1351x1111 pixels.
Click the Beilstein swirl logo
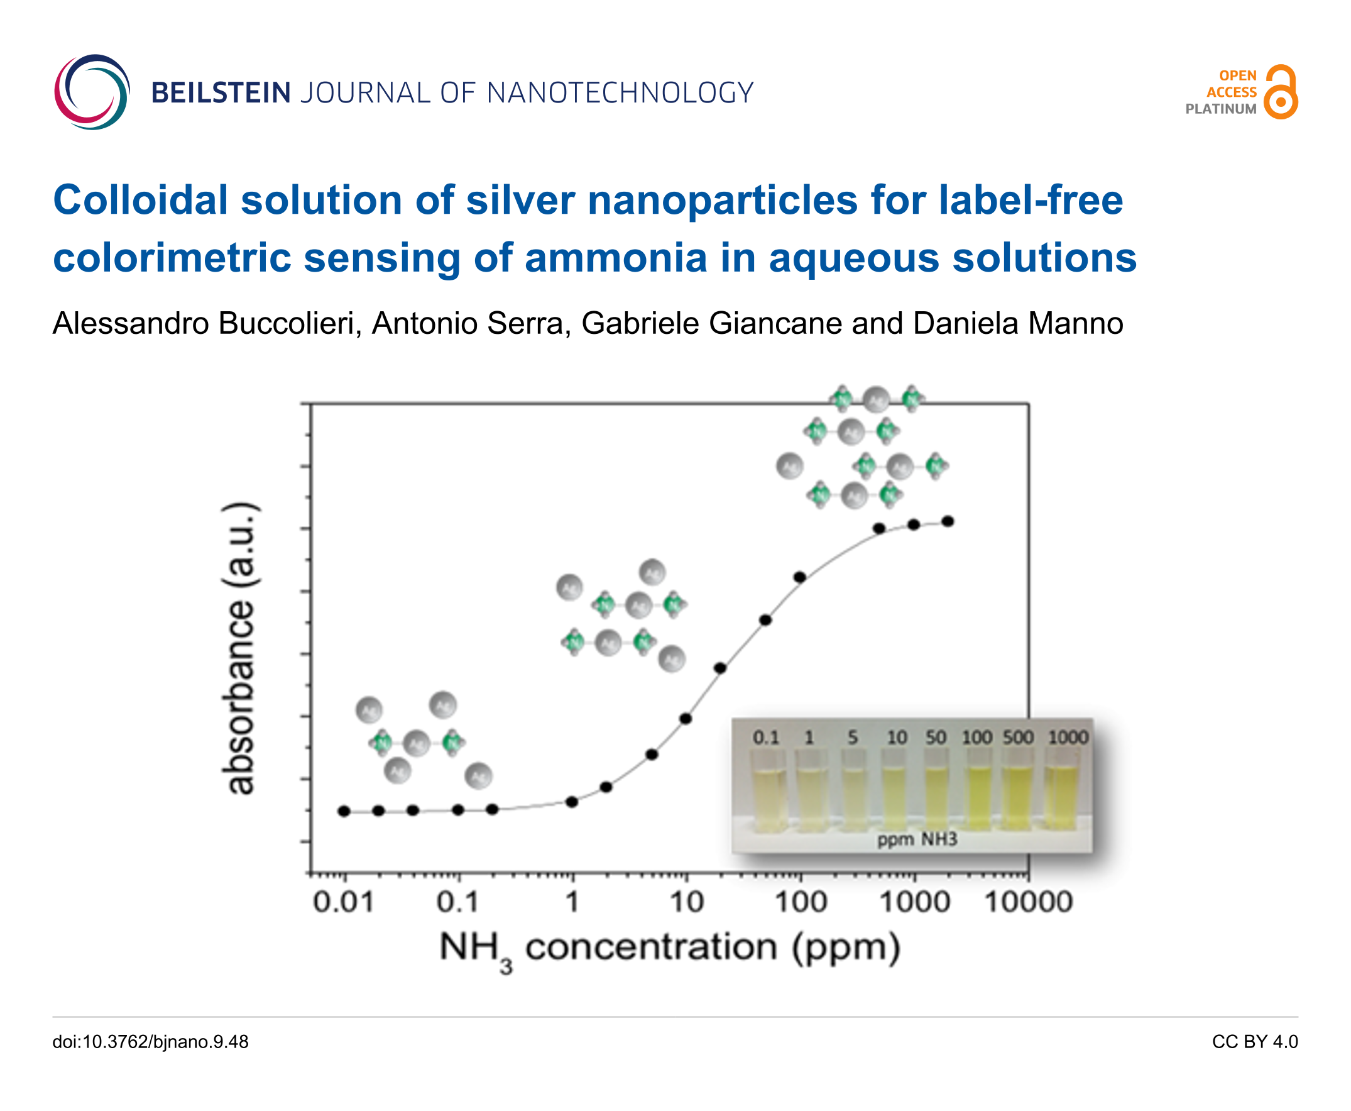92,92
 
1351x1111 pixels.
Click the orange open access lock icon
1281,92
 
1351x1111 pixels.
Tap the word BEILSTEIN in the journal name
221,93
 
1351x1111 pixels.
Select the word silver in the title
520,200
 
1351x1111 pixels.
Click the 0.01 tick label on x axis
343,902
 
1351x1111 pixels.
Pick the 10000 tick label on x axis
1028,902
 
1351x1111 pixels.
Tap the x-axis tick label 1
572,902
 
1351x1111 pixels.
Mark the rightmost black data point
948,522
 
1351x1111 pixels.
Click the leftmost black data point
344,812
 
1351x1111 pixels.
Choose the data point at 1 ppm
572,802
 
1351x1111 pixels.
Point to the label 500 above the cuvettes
1018,738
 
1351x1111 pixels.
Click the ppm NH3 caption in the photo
917,839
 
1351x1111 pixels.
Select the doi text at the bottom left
150,1042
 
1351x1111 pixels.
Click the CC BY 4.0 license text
1254,1042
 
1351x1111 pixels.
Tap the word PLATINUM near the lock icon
1220,109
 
